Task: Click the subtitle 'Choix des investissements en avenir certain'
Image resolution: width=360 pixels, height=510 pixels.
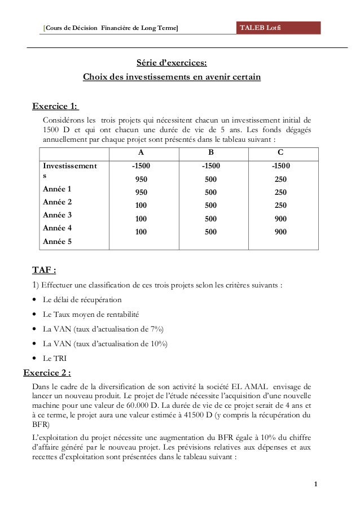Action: click(172, 77)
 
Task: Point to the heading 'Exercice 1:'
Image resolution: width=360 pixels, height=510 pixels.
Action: click(55, 106)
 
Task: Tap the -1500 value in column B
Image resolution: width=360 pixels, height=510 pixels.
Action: click(211, 167)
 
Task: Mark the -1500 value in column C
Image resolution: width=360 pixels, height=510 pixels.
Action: click(281, 167)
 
